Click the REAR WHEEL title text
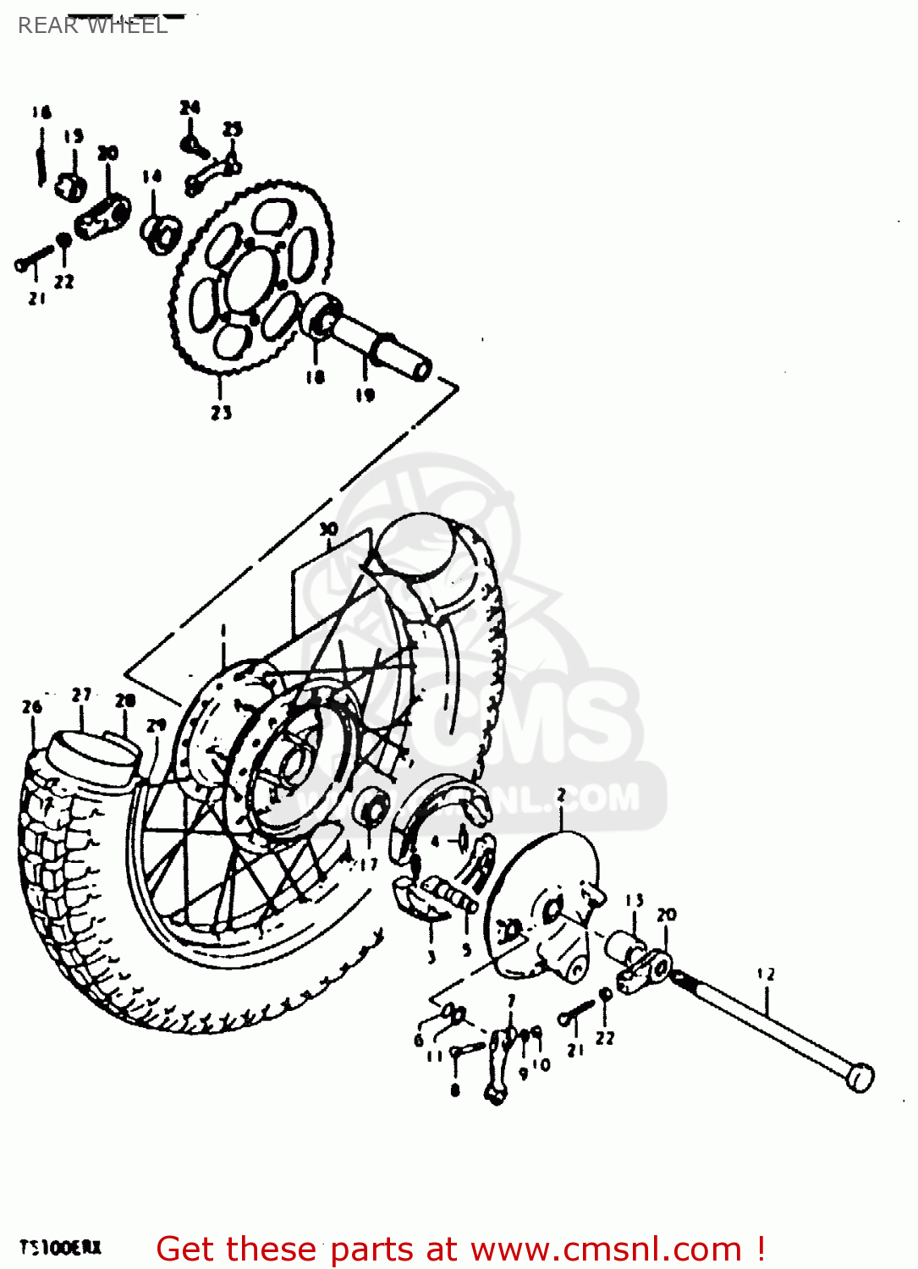point(92,25)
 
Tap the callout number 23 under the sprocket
point(221,413)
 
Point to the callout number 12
point(766,974)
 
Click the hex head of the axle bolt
point(860,1078)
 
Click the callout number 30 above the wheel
point(328,530)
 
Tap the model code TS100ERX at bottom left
point(60,1248)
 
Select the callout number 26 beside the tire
point(31,706)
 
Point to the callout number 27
point(81,695)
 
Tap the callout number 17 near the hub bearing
point(368,864)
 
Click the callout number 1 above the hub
point(223,631)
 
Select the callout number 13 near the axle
point(635,901)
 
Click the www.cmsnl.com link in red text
point(606,1249)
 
